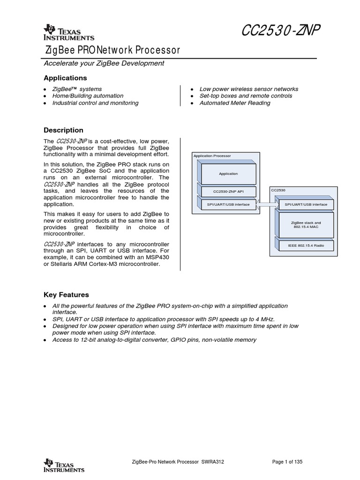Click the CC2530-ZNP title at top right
(281, 31)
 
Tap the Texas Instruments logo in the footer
(64, 465)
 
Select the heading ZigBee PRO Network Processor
(112, 50)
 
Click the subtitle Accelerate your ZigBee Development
(104, 63)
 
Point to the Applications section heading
(65, 78)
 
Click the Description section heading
(63, 130)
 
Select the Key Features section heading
(66, 295)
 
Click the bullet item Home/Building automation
(88, 96)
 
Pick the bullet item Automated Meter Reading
(234, 103)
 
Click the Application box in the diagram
(228, 173)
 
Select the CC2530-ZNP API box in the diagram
(228, 191)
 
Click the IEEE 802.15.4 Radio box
(306, 246)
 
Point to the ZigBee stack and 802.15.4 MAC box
(306, 225)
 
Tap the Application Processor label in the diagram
(212, 156)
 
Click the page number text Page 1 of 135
(287, 462)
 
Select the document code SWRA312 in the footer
(213, 462)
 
